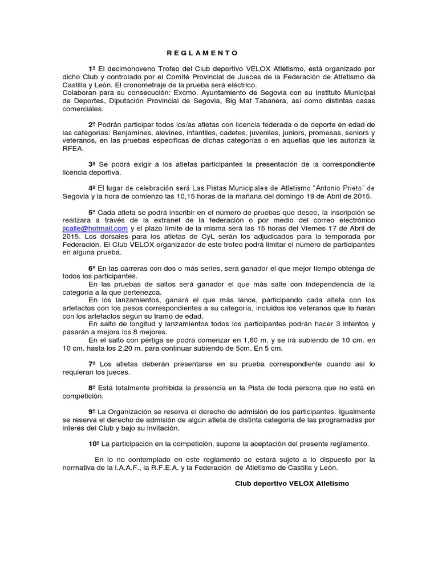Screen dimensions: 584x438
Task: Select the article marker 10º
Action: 93,443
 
